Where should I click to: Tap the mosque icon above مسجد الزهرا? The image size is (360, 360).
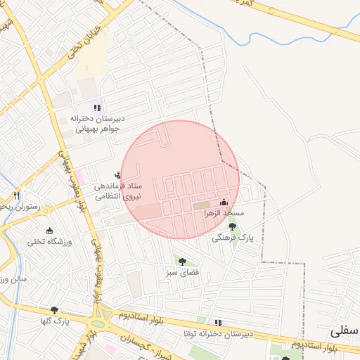click(x=224, y=202)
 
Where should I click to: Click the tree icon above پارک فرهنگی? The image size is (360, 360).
click(x=233, y=226)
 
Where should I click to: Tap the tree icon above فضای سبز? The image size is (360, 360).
click(x=183, y=262)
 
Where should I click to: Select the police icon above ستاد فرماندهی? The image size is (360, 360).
click(x=117, y=174)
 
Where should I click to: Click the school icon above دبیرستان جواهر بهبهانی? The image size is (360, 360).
click(x=98, y=108)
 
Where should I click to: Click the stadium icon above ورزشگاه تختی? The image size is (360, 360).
click(x=49, y=231)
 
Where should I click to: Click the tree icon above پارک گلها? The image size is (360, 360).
click(x=54, y=310)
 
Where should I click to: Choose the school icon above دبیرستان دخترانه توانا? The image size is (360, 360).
click(x=218, y=323)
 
